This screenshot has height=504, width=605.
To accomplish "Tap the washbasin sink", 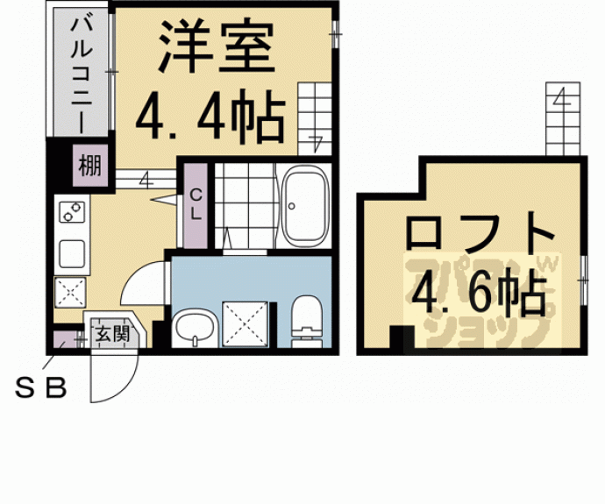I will pyautogui.click(x=193, y=329).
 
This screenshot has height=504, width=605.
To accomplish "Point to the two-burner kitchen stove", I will pyautogui.click(x=71, y=213).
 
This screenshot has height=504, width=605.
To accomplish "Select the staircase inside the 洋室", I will pyautogui.click(x=316, y=114).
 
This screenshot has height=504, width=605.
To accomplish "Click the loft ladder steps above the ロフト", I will pyautogui.click(x=563, y=118).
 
